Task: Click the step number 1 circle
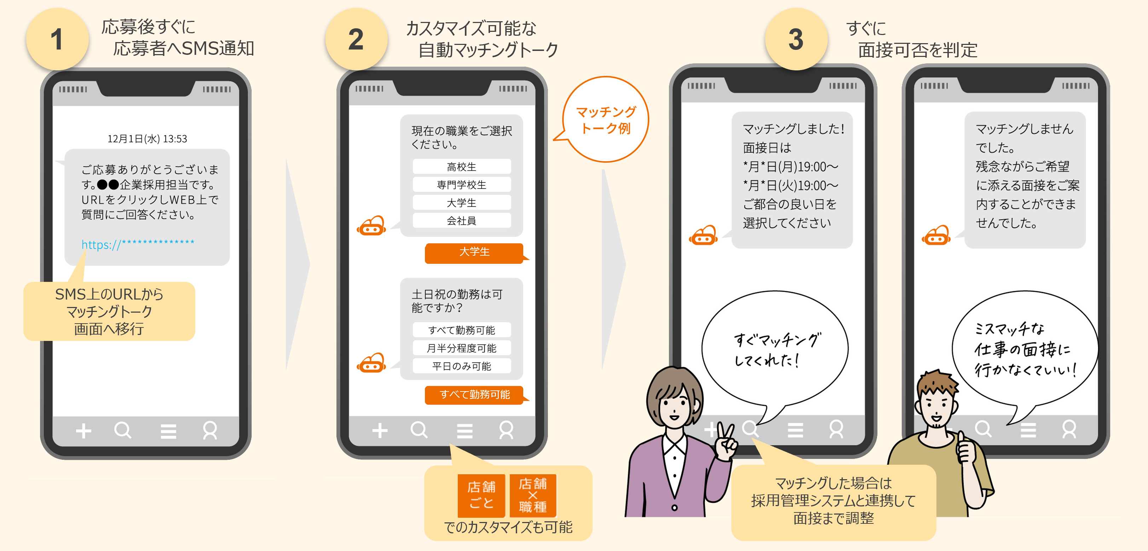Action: (x=57, y=39)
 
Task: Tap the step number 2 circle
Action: (x=356, y=39)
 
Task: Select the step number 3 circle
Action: (x=796, y=39)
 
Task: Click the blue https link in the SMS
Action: (x=138, y=244)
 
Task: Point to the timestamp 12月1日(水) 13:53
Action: (x=147, y=139)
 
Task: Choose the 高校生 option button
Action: (x=462, y=167)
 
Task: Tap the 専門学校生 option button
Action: (x=462, y=184)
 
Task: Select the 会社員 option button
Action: (x=462, y=220)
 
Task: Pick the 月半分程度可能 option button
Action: (x=462, y=348)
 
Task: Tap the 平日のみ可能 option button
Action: (x=462, y=366)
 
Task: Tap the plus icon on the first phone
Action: (x=83, y=431)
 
